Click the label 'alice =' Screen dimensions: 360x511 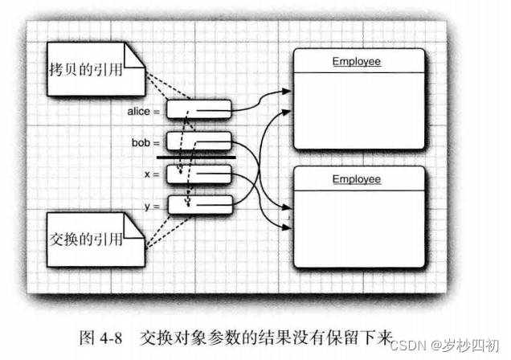point(144,111)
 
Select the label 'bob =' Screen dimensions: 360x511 point(146,143)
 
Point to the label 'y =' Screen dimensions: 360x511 point(153,207)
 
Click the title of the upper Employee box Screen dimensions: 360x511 point(357,61)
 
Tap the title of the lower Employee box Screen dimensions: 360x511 point(357,178)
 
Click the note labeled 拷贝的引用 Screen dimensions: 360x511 point(84,71)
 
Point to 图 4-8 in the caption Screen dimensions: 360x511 point(96,337)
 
